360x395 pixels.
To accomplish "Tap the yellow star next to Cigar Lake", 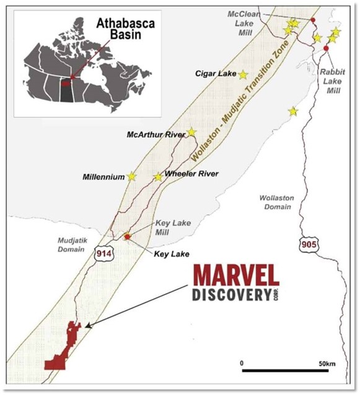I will tap(243, 74).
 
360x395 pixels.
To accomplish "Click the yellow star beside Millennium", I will tap(131, 176).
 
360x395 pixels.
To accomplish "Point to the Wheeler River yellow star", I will tap(158, 177).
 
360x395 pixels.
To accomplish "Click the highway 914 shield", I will tap(103, 252).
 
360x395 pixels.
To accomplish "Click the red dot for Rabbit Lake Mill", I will tap(326, 48).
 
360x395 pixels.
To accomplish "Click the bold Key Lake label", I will tap(171, 254).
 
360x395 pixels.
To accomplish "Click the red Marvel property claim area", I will tap(62, 354).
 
